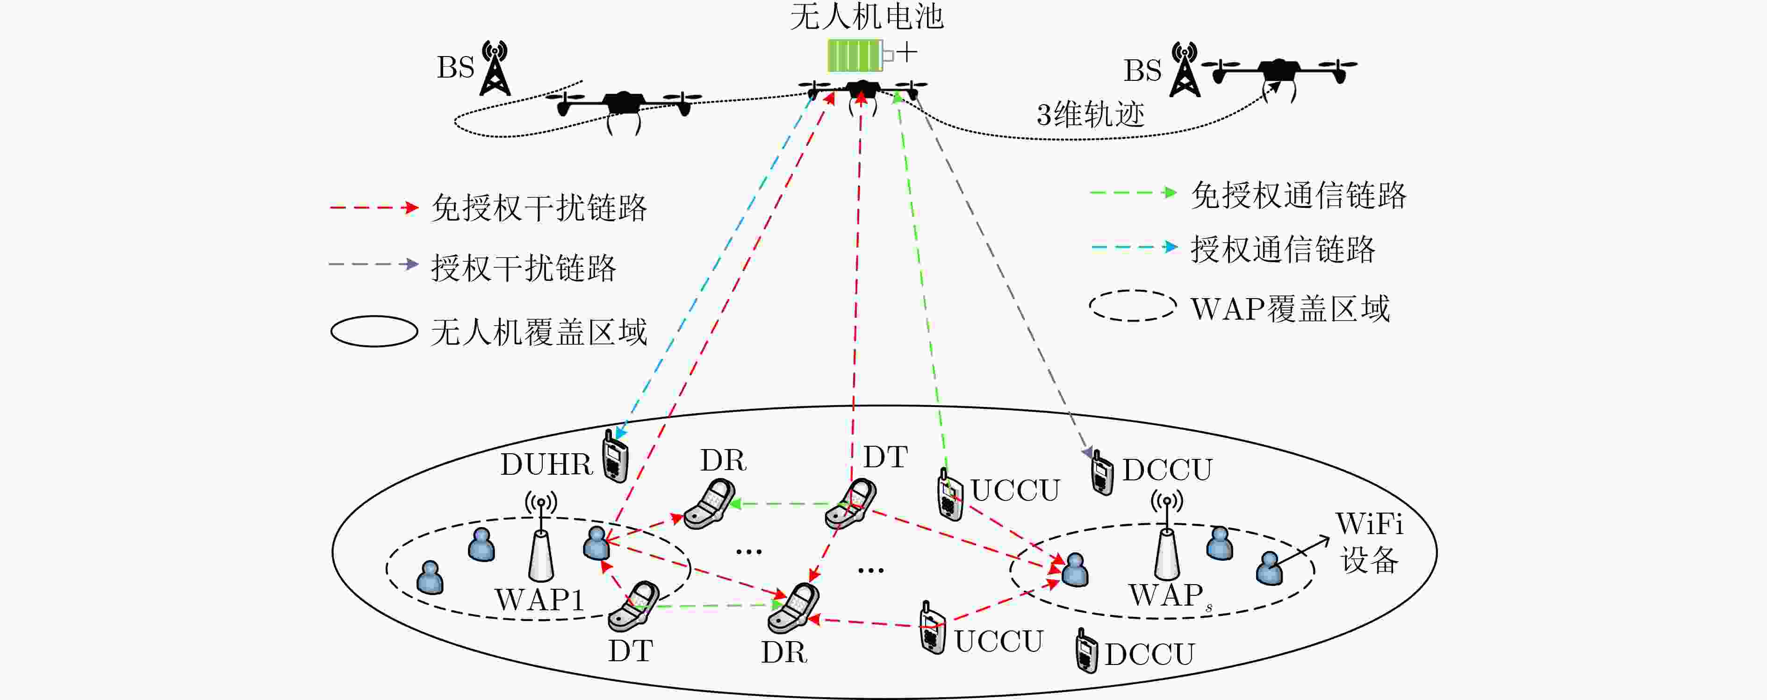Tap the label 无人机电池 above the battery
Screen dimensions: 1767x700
[x=867, y=16]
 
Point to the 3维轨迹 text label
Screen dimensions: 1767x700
[x=1091, y=114]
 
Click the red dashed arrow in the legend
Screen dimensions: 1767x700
[x=374, y=207]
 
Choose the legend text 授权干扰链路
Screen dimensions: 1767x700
[x=524, y=267]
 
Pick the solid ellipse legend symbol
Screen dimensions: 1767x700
[x=374, y=331]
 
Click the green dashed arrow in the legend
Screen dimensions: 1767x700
[x=1134, y=193]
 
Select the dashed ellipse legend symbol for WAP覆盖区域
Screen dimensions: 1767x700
[x=1133, y=306]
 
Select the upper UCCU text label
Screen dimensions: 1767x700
[x=1015, y=490]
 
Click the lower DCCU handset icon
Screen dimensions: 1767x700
[x=1086, y=650]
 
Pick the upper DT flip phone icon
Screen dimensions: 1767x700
[x=851, y=504]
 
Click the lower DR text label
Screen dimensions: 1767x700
[x=784, y=652]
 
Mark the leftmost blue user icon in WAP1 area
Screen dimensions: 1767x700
[x=430, y=577]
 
